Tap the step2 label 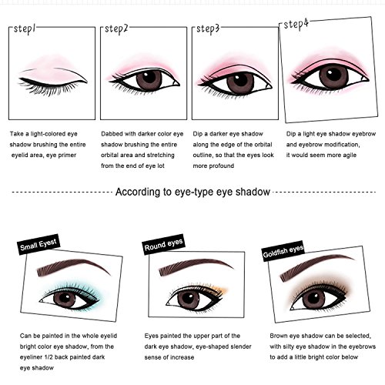[x=115, y=28]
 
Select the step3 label [x=208, y=28]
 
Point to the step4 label [x=296, y=24]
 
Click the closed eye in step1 [x=52, y=77]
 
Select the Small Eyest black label [x=38, y=246]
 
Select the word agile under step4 [x=348, y=153]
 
